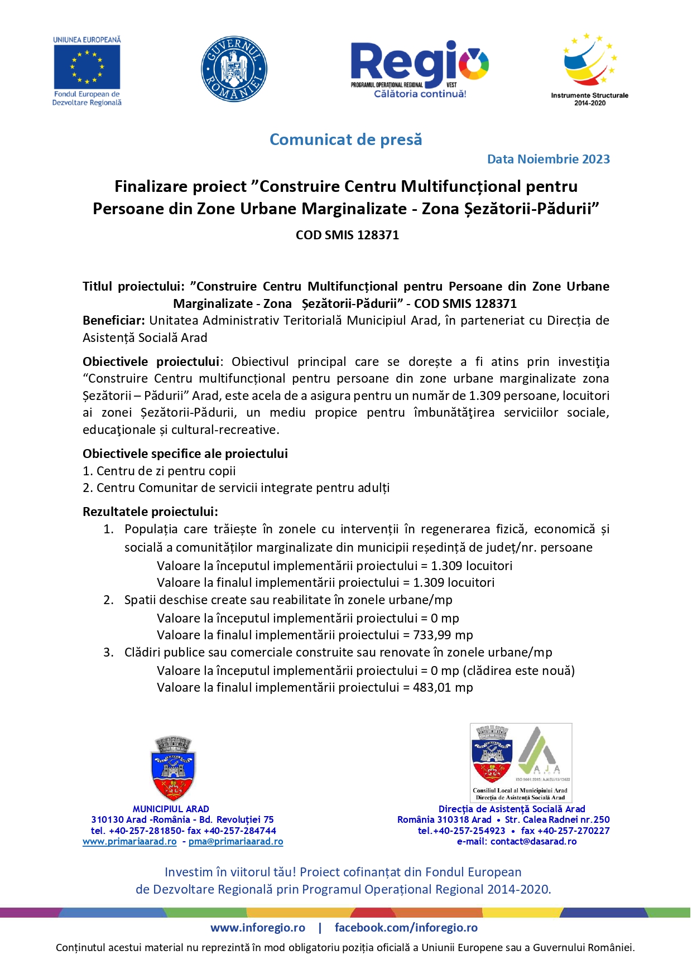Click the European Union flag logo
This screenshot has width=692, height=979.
coord(87,67)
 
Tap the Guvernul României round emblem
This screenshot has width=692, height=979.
coord(234,70)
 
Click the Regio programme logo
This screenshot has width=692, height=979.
coord(420,69)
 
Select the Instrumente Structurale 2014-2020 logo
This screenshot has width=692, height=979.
coord(589,69)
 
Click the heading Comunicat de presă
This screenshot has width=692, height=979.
coord(345,139)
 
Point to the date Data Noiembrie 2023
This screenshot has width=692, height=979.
coord(548,159)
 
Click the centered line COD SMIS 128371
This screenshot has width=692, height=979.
coord(347,235)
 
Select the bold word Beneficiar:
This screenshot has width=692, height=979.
coord(114,321)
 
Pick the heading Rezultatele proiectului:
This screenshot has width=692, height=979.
coord(150,512)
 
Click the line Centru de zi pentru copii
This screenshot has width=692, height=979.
coord(166,471)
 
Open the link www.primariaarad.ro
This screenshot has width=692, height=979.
coord(129,841)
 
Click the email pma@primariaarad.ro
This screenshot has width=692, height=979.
coord(236,841)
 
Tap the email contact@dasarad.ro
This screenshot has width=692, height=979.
coord(533,841)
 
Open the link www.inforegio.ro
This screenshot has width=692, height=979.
coord(258,927)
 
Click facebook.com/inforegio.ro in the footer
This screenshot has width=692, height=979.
coord(406,927)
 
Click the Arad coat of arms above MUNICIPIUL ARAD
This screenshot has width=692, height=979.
coord(173,769)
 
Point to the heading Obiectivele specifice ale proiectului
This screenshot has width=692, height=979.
coord(185,454)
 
